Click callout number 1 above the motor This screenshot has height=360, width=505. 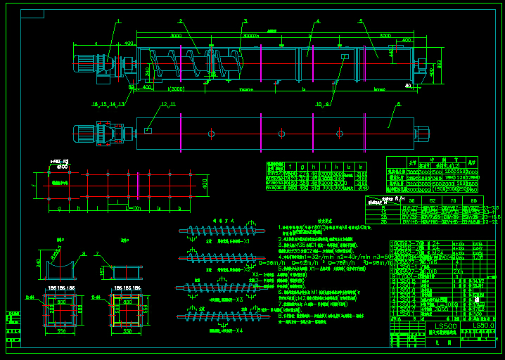(x=118, y=22)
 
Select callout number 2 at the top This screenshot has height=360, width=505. (x=180, y=22)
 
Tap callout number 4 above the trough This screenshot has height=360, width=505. (x=317, y=22)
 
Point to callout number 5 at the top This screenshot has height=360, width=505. (x=361, y=22)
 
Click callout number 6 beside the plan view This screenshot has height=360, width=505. (x=399, y=104)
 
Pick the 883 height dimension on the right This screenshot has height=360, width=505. (x=440, y=64)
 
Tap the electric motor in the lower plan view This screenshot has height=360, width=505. (x=88, y=133)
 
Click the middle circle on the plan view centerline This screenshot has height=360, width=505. (x=281, y=133)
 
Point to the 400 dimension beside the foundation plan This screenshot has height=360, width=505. (x=205, y=184)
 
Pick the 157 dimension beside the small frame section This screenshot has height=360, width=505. (x=103, y=270)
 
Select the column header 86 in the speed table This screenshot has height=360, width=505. (x=472, y=200)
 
